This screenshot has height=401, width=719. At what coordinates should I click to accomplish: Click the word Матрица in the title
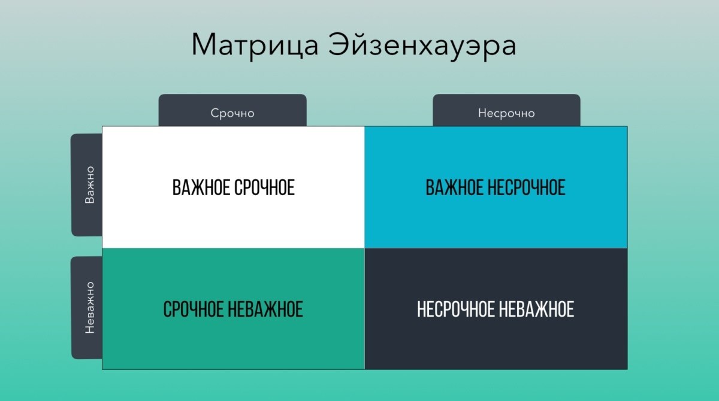tap(255, 45)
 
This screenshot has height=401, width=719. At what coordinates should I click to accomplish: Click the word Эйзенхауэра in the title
tap(422, 45)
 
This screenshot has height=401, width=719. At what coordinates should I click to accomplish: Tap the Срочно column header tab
tap(232, 110)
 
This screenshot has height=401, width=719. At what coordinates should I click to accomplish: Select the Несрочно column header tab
tap(506, 110)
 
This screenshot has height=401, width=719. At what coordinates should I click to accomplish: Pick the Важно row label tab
tap(87, 185)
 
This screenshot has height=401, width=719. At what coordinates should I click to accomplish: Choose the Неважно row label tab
tap(87, 308)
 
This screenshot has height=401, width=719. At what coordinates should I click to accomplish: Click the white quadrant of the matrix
tap(233, 187)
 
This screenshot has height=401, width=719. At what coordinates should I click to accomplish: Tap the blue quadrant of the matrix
tap(496, 187)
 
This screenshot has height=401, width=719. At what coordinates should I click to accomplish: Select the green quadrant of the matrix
tap(233, 309)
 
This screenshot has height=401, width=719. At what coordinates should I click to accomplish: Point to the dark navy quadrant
tap(496, 309)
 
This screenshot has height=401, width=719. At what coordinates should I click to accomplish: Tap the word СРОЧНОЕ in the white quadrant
tap(264, 187)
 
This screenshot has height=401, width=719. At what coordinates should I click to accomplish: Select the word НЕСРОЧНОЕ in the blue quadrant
tap(527, 187)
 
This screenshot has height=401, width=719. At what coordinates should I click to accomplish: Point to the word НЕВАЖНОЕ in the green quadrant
tap(265, 309)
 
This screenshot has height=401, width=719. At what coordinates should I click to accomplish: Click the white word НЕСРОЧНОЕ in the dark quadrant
tap(456, 309)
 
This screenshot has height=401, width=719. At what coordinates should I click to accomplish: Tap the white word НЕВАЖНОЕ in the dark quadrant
tap(537, 309)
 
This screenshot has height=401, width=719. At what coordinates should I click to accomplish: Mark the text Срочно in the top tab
tap(232, 113)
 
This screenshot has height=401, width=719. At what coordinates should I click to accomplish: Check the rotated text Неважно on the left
tap(90, 308)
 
